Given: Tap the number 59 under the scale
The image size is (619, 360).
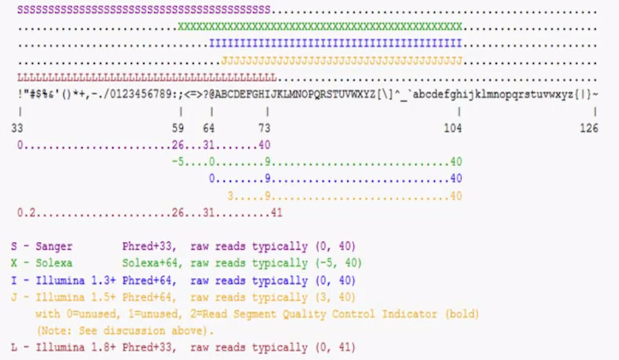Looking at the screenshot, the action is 178,128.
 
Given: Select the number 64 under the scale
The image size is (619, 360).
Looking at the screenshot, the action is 209,128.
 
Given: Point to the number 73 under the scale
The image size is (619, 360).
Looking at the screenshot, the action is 265,128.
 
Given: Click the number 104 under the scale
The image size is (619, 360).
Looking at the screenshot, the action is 453,128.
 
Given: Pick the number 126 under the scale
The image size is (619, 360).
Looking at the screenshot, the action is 589,128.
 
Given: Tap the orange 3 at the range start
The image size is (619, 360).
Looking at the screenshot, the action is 230,196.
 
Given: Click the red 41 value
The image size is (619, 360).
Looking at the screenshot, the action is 277,213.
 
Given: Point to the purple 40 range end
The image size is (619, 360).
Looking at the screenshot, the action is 264,145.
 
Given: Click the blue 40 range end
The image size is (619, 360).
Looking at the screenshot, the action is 456,179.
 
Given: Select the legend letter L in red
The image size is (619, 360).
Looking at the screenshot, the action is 14,347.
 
